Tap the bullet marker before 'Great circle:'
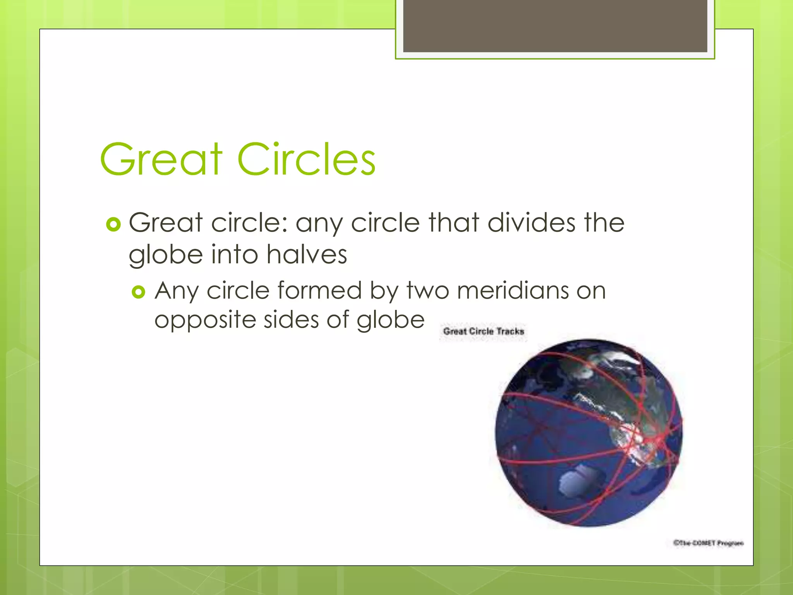113,224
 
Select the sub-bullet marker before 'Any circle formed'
138,292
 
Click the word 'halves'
307,255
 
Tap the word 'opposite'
205,321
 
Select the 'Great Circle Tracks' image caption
483,332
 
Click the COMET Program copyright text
708,543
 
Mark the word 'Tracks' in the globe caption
510,332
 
